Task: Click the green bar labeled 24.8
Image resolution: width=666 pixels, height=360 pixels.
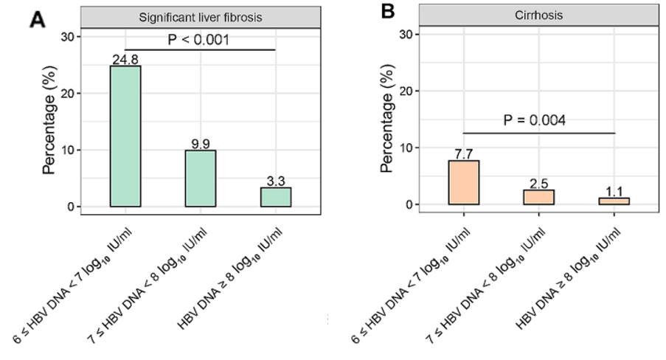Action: click(125, 136)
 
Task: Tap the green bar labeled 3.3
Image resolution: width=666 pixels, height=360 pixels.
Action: click(275, 197)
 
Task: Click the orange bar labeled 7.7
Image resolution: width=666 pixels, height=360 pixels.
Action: click(463, 182)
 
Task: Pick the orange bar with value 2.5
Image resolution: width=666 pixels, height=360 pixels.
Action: click(538, 197)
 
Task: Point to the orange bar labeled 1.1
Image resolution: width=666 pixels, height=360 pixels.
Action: click(614, 201)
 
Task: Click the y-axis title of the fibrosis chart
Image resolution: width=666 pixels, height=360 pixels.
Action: click(50, 122)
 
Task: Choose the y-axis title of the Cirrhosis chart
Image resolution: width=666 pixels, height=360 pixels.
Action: click(388, 120)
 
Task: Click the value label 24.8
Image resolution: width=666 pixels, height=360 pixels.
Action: click(125, 58)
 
